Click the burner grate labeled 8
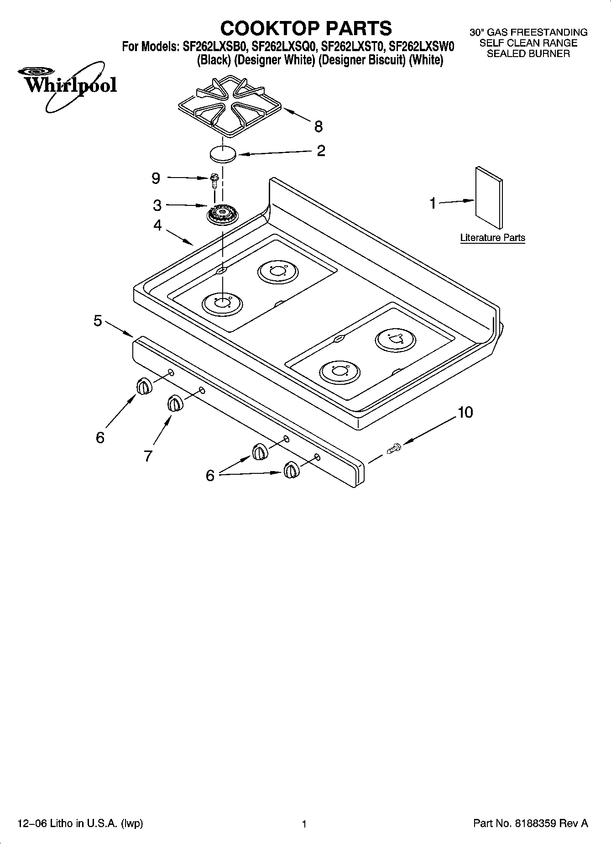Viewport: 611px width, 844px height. [x=230, y=107]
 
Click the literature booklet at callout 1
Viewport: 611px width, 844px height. [x=489, y=198]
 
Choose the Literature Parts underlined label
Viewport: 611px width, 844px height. [x=492, y=238]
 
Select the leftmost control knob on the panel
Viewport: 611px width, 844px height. [x=143, y=386]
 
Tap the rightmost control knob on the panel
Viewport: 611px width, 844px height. [x=291, y=470]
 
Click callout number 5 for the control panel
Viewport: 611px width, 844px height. [x=98, y=321]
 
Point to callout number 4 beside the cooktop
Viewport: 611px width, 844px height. [x=157, y=225]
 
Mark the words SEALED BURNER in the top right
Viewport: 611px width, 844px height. [x=528, y=53]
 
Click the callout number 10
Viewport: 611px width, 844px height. [x=465, y=412]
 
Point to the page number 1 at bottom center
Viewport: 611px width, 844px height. [x=304, y=824]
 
